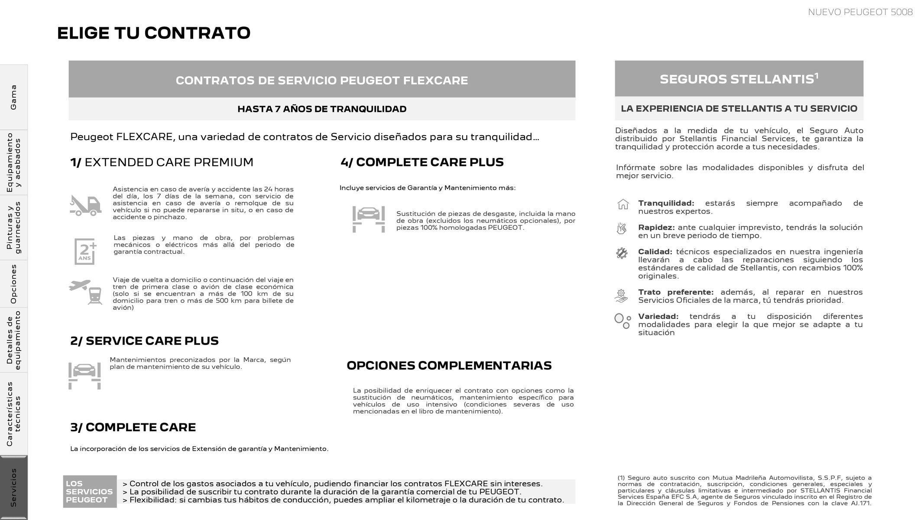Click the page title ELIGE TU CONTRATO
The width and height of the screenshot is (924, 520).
tap(154, 33)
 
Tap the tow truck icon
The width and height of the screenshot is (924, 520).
tap(85, 205)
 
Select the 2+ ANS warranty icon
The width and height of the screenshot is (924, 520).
tap(85, 251)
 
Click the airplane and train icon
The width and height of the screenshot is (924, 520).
tap(86, 292)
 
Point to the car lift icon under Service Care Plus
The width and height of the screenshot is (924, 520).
tap(84, 375)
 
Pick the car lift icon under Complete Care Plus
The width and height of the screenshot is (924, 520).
tap(369, 219)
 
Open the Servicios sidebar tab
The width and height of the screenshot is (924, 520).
tap(13, 487)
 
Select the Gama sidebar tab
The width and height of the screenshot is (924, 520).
tap(13, 97)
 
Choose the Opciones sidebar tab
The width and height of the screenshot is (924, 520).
tap(13, 284)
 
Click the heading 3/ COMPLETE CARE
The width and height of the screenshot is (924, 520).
tap(133, 427)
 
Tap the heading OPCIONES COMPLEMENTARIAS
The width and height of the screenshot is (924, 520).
tap(449, 365)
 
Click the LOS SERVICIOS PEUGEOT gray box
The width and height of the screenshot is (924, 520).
tap(90, 491)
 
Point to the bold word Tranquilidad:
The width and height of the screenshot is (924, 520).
tap(666, 203)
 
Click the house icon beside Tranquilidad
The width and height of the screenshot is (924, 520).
tap(622, 204)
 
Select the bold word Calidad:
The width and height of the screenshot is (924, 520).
tap(655, 252)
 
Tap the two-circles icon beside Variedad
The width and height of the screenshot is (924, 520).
tap(622, 321)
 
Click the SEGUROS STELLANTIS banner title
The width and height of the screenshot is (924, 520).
tap(739, 79)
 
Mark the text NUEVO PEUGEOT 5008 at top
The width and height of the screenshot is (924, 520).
tap(860, 12)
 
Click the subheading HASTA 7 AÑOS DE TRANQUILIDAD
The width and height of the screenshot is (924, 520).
tap(322, 109)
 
